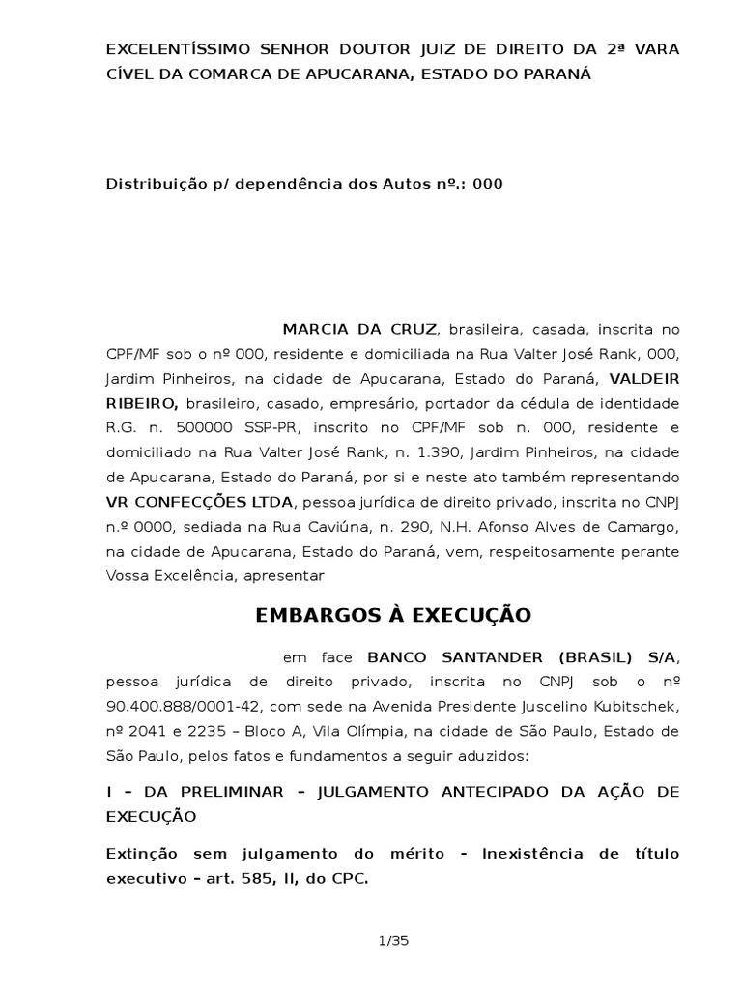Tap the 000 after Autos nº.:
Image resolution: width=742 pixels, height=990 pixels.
coord(488,183)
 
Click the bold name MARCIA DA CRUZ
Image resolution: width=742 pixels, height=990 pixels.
coord(359,328)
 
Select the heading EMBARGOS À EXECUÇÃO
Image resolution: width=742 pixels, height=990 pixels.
coord(393,615)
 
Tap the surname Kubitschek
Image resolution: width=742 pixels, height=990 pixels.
coord(634,708)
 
